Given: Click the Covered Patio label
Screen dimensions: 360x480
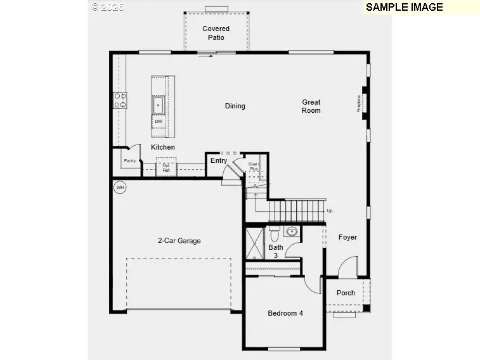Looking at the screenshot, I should (x=216, y=33).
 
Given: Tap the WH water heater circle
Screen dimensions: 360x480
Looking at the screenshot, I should (x=119, y=187).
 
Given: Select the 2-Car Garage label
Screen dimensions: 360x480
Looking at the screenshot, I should (x=179, y=241).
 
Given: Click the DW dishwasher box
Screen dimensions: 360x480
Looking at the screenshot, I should (x=158, y=121).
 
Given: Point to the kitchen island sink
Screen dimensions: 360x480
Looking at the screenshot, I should (x=158, y=104).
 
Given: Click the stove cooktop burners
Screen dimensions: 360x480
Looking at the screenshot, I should (x=120, y=100).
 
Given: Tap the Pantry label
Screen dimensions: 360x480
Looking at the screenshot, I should (x=129, y=161).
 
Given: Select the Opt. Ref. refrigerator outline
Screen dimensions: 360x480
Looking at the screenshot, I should (x=165, y=169).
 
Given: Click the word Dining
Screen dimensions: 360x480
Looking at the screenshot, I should (x=235, y=106).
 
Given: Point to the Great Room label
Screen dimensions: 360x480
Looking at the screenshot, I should (x=311, y=106).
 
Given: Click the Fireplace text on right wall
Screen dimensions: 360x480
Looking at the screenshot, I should (x=359, y=103).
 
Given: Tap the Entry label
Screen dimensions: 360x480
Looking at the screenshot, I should (x=219, y=161).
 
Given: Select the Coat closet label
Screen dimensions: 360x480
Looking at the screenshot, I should (x=253, y=167).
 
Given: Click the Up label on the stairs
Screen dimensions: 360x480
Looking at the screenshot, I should (x=329, y=210).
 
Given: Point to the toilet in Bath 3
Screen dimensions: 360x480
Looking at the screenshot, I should (x=275, y=232).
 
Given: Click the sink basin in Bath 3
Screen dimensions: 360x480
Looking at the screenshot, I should (x=292, y=231).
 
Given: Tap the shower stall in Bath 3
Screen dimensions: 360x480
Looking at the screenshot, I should (x=254, y=243).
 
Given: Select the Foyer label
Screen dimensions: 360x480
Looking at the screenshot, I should (x=347, y=238).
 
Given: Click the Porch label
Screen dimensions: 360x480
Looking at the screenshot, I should (x=346, y=293).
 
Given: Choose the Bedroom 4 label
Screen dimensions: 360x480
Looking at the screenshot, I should (x=285, y=313).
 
